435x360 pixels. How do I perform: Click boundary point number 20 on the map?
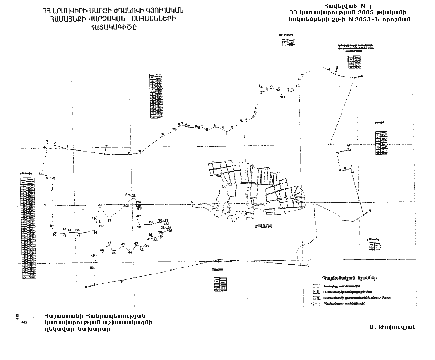100,205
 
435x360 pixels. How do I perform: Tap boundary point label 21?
109,221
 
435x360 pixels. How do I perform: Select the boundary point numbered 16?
96,233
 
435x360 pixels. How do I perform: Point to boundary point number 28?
139,227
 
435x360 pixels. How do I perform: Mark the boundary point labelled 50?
92,268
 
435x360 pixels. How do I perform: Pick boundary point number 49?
93,255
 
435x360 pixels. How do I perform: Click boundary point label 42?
142,249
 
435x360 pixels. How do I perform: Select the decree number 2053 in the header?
371,20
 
